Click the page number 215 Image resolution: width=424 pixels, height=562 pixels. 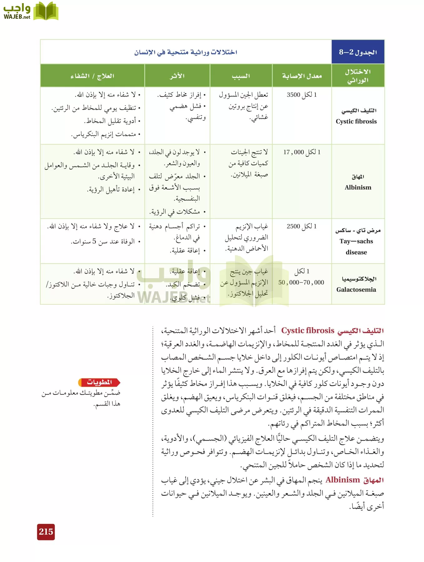click(x=46, y=532)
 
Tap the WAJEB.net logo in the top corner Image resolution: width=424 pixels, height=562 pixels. click(x=31, y=12)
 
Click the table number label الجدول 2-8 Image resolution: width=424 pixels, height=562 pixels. click(x=358, y=52)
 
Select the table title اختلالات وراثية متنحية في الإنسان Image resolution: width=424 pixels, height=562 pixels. click(x=186, y=52)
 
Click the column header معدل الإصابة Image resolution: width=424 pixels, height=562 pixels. click(x=302, y=76)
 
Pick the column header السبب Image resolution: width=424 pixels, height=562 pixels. click(x=241, y=76)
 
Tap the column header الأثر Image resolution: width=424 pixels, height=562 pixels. click(x=177, y=76)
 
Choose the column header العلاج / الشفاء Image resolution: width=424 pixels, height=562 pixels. click(x=92, y=76)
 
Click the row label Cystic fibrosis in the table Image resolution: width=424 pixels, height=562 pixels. click(x=356, y=121)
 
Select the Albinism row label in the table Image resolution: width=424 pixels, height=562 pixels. click(x=358, y=187)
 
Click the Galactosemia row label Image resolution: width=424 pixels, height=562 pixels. click(x=356, y=289)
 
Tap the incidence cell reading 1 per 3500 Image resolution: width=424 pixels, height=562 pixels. click(x=302, y=95)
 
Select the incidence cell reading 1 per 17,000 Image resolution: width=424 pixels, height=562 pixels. click(x=302, y=152)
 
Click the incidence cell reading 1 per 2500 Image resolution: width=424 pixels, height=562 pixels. click(x=302, y=226)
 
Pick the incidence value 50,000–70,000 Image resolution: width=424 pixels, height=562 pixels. click(x=301, y=283)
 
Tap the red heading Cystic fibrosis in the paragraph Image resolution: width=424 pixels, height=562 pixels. click(x=308, y=330)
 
